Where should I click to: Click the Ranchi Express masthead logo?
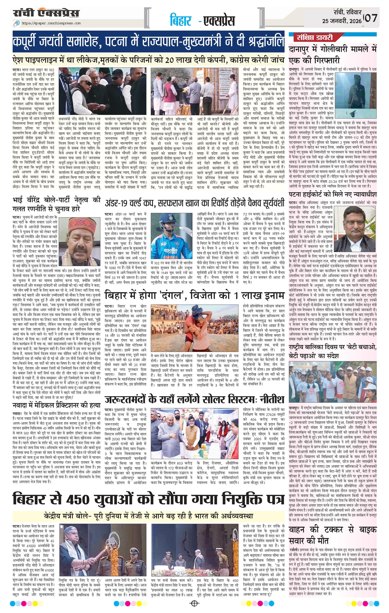(x=47, y=13)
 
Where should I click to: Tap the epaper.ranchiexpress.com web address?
(x=51, y=23)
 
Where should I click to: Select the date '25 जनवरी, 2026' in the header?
(x=342, y=21)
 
